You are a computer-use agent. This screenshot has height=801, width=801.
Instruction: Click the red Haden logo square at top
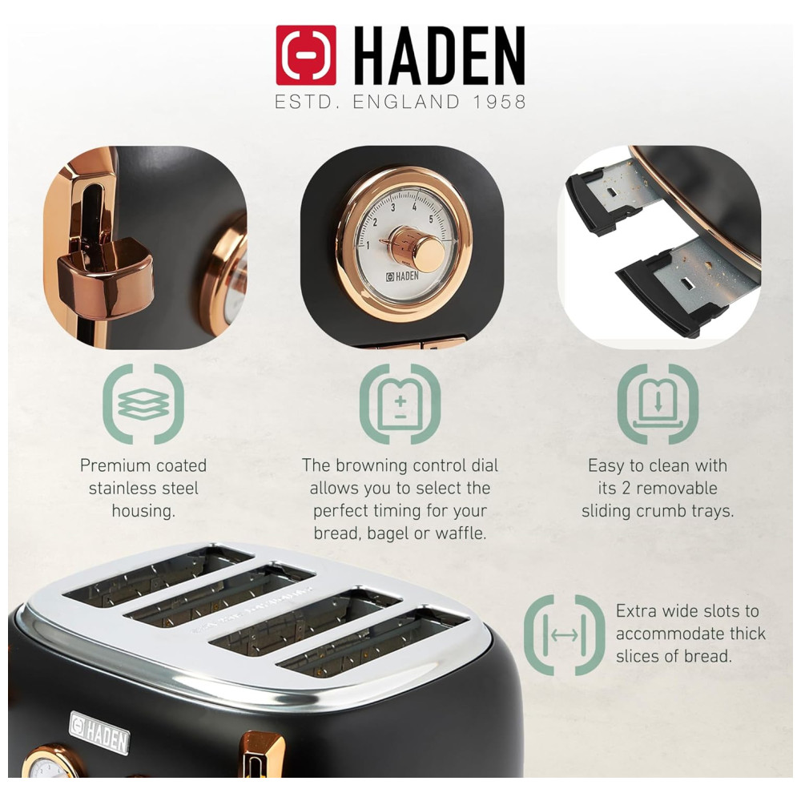click(x=306, y=55)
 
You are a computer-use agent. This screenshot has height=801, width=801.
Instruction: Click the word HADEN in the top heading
click(x=439, y=56)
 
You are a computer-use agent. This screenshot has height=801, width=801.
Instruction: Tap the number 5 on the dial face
click(x=432, y=219)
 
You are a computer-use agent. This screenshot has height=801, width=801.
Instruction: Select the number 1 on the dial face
click(x=368, y=246)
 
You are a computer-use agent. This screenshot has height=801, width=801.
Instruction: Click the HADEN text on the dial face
click(x=402, y=276)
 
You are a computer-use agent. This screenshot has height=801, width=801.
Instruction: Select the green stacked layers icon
click(x=143, y=404)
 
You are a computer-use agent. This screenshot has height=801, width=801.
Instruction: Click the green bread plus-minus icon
click(x=400, y=404)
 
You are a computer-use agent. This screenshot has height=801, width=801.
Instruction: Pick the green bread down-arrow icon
click(x=658, y=404)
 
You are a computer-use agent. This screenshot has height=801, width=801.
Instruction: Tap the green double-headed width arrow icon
click(x=565, y=635)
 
